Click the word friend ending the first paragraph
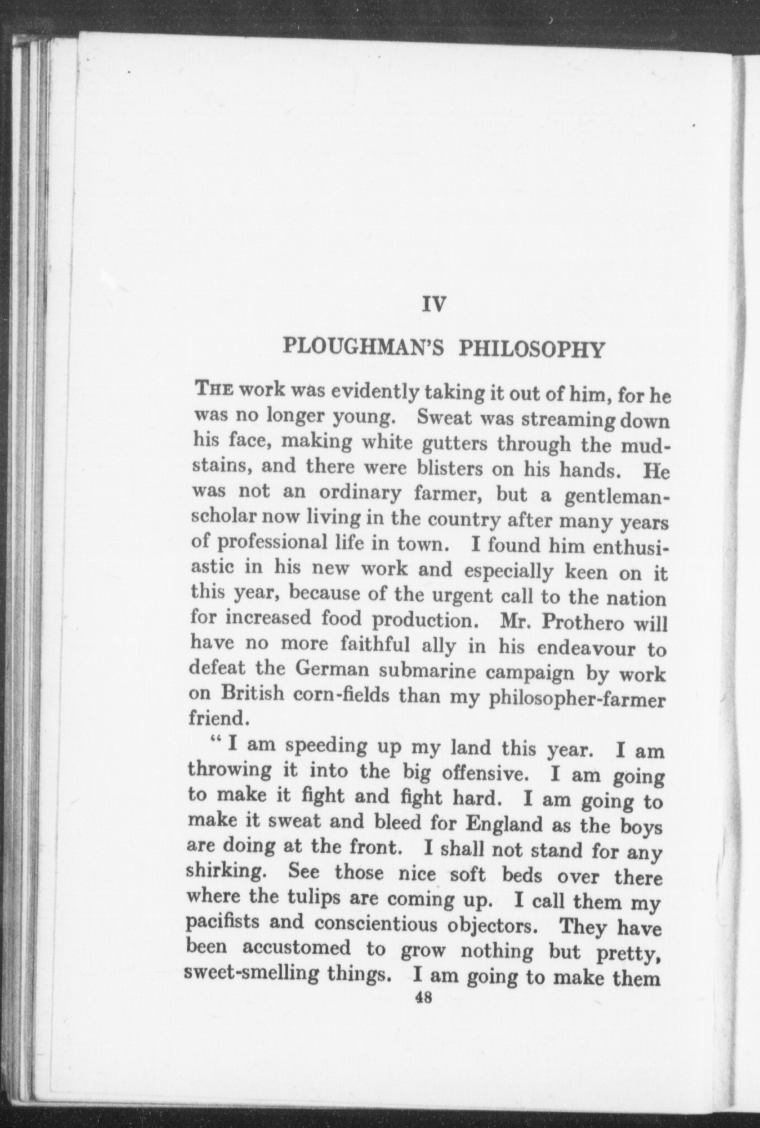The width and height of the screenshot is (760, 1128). coord(217,719)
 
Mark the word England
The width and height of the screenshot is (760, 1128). coord(503,823)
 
